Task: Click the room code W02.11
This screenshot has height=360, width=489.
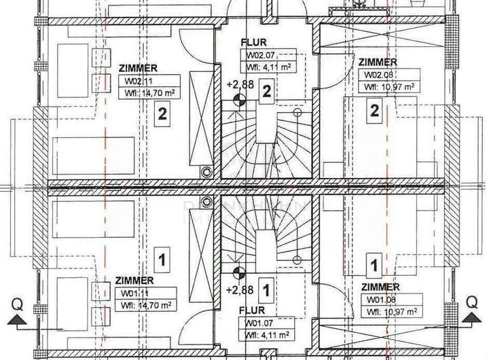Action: pos(138,81)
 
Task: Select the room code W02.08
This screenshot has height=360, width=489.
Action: pos(380,75)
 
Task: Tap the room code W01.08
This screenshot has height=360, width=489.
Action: pos(380,299)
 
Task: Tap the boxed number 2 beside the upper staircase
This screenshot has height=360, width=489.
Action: pos(267,91)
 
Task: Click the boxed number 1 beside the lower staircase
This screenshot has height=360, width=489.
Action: pos(267,290)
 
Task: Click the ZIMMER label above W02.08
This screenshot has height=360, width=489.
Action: pos(378,62)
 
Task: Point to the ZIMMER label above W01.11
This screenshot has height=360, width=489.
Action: pos(135,280)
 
